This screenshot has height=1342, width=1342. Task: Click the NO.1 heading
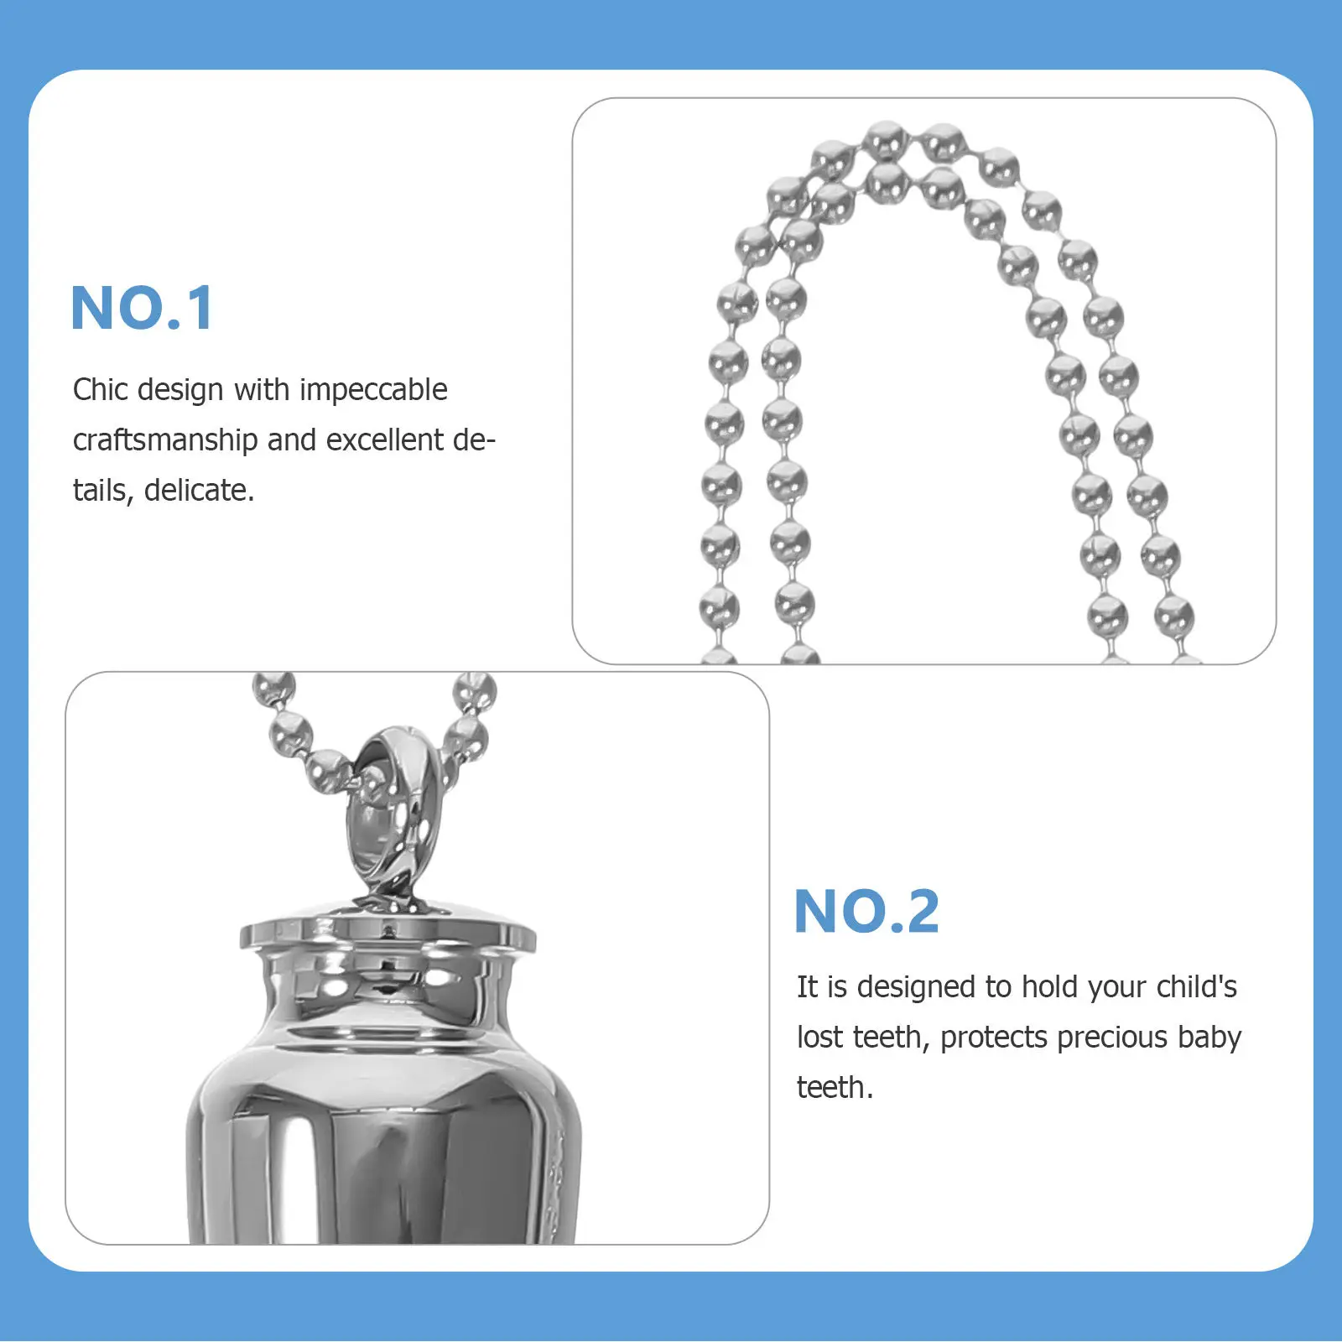click(x=143, y=309)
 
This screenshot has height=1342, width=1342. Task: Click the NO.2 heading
click(x=866, y=913)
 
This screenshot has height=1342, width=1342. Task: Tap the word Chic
click(x=101, y=390)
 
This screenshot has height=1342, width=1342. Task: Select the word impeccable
click(x=373, y=390)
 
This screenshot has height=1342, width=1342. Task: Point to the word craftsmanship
click(x=165, y=440)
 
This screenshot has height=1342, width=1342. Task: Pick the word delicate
click(x=199, y=491)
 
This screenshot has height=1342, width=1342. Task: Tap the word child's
click(x=1196, y=987)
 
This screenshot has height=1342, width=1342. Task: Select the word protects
click(x=994, y=1038)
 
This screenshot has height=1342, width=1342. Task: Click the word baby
click(x=1209, y=1038)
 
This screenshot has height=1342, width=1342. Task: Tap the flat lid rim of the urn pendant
click(x=388, y=933)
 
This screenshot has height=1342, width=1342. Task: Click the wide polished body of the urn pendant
click(x=377, y=1157)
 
